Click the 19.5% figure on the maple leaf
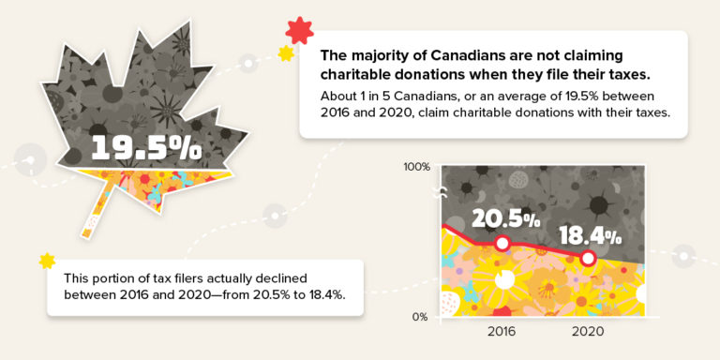pyautogui.click(x=146, y=147)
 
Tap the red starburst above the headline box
pyautogui.click(x=299, y=31)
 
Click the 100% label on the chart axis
pyautogui.click(x=416, y=167)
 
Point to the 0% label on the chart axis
pyautogui.click(x=420, y=317)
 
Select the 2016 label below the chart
pyautogui.click(x=502, y=332)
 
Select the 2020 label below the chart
pyautogui.click(x=588, y=332)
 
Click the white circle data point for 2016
pyautogui.click(x=502, y=244)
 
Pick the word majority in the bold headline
pyautogui.click(x=380, y=56)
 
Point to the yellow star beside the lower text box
pyautogui.click(x=48, y=259)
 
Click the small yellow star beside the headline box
pyautogui.click(x=285, y=54)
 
